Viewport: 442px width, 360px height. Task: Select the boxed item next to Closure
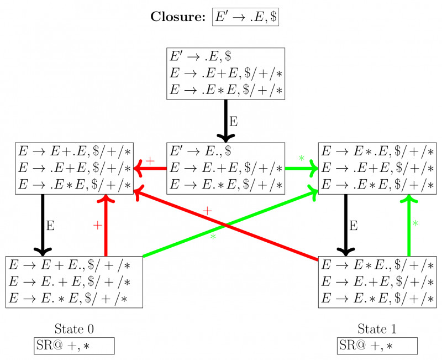click(246, 17)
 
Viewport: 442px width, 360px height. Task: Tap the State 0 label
click(74, 329)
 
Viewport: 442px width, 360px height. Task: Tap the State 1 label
click(377, 329)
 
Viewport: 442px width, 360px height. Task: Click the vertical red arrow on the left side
click(106, 227)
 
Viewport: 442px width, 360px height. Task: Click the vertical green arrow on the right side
click(409, 227)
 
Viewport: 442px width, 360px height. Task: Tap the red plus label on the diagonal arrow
click(207, 211)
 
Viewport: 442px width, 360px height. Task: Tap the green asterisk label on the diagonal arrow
click(212, 237)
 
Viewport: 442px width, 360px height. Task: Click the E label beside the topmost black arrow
click(234, 121)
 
